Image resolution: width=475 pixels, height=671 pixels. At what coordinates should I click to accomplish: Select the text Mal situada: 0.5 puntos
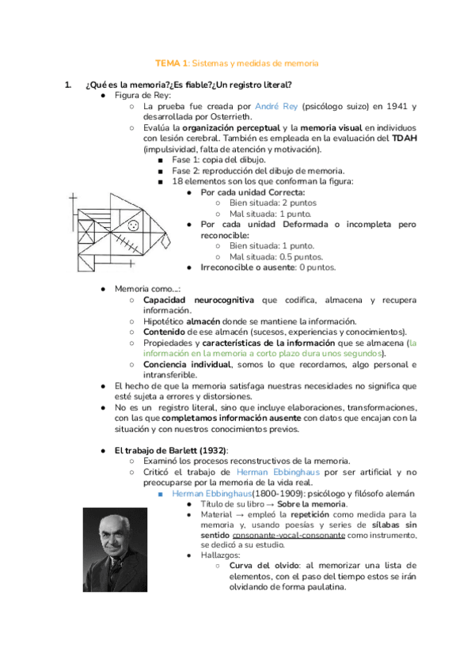[x=275, y=256]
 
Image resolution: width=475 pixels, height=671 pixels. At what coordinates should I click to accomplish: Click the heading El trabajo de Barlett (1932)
[x=171, y=450]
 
